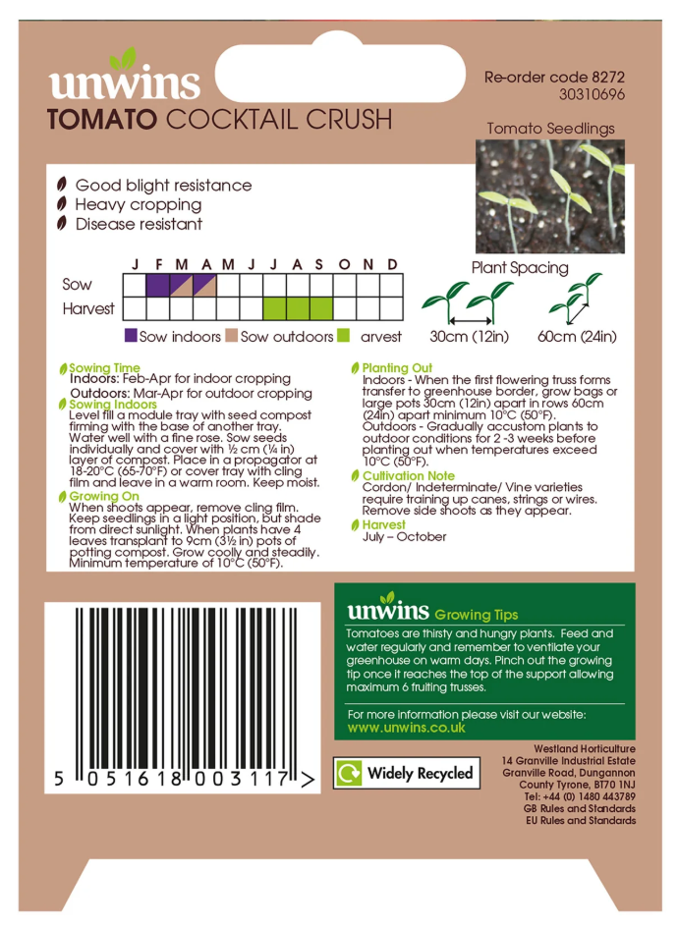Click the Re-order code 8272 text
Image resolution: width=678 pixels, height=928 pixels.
[555, 77]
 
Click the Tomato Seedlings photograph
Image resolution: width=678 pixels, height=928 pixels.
[550, 196]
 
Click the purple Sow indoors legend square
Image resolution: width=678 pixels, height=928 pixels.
[131, 336]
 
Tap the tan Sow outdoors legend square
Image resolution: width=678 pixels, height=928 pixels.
[232, 336]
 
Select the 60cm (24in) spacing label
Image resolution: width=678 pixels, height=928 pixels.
[577, 337]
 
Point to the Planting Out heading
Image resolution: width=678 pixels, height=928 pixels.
[397, 368]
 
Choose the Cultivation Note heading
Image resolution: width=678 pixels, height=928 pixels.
[409, 476]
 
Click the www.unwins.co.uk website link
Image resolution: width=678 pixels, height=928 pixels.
[407, 728]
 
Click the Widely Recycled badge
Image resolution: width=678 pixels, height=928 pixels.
[406, 773]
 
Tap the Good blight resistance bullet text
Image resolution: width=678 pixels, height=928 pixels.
[163, 186]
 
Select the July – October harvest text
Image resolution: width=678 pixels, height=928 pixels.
[404, 537]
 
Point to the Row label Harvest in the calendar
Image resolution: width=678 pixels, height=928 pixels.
[88, 308]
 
